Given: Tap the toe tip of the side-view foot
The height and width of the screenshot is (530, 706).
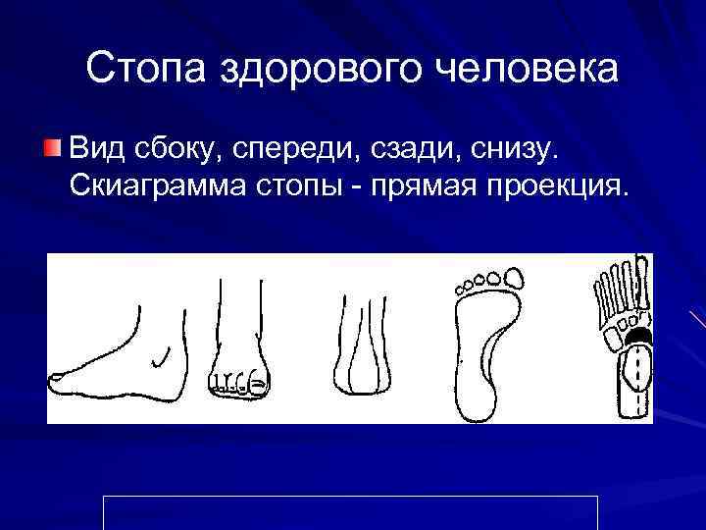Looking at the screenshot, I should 56,376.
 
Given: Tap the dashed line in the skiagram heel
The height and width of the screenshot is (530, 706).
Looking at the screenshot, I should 638,378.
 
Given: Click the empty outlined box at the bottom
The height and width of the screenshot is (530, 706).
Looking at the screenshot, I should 350,512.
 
